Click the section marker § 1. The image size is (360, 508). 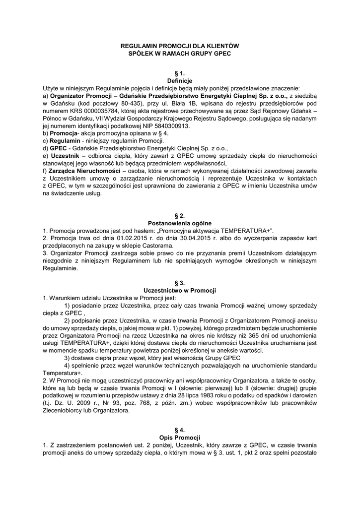click(180, 73)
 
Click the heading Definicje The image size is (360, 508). click(180, 80)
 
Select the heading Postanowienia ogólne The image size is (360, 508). click(180, 223)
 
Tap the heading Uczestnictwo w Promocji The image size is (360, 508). click(180, 290)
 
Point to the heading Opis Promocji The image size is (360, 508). click(180, 438)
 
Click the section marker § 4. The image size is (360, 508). click(180, 430)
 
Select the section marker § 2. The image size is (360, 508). click(180, 216)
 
